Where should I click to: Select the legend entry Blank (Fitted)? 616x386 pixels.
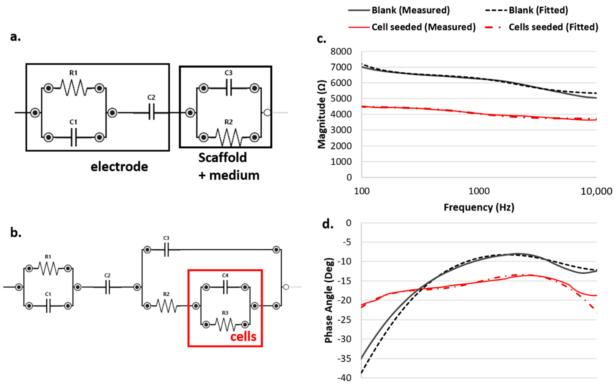538,10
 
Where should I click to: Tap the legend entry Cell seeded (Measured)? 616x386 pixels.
423,27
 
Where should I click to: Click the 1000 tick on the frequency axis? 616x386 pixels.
479,191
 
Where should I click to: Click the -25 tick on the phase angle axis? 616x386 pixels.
344,320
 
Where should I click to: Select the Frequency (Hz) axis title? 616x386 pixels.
479,207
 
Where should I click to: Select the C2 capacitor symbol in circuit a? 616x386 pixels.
151,113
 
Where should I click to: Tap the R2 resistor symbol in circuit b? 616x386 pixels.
166,306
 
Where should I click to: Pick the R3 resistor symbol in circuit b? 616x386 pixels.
225,324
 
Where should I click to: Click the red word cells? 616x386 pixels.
243,337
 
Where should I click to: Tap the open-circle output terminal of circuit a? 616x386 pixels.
267,113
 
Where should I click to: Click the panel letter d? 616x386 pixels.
328,224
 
